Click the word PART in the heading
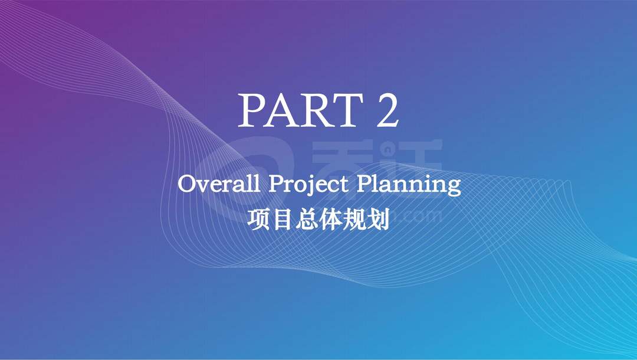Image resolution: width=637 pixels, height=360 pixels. [x=301, y=110]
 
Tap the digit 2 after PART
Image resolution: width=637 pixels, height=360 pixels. [x=387, y=110]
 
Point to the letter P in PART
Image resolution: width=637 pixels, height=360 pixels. [x=252, y=110]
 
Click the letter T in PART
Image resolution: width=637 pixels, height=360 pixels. [x=348, y=110]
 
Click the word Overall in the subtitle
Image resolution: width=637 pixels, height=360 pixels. [x=219, y=184]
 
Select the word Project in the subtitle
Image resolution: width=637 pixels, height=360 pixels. [x=308, y=185]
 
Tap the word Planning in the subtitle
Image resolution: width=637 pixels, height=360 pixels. [x=409, y=185]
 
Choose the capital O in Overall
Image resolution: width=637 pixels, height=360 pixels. [x=186, y=185]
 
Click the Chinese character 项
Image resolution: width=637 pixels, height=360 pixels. [x=258, y=220]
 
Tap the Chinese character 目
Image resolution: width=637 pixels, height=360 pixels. [x=283, y=220]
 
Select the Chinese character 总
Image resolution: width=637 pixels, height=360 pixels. [x=306, y=220]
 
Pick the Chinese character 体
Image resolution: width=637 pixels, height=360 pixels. [x=330, y=220]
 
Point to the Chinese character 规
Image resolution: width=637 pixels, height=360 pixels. [x=354, y=220]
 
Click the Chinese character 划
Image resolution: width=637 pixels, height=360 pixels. [x=378, y=220]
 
